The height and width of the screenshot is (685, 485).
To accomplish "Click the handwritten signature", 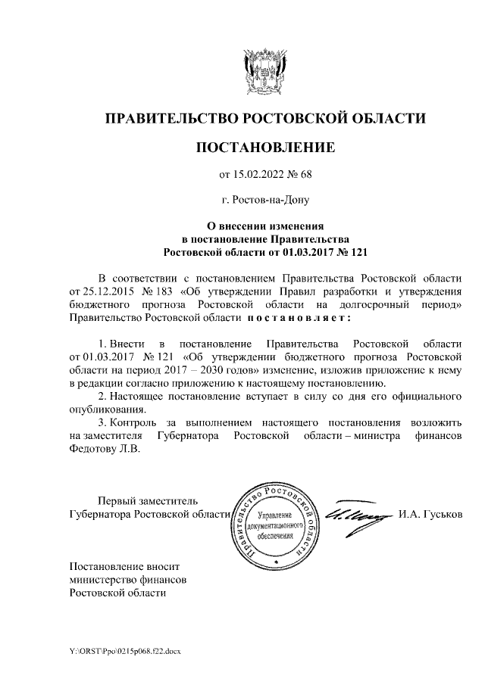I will [x=356, y=516].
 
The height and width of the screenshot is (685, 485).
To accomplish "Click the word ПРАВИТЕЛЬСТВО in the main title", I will [x=171, y=118].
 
